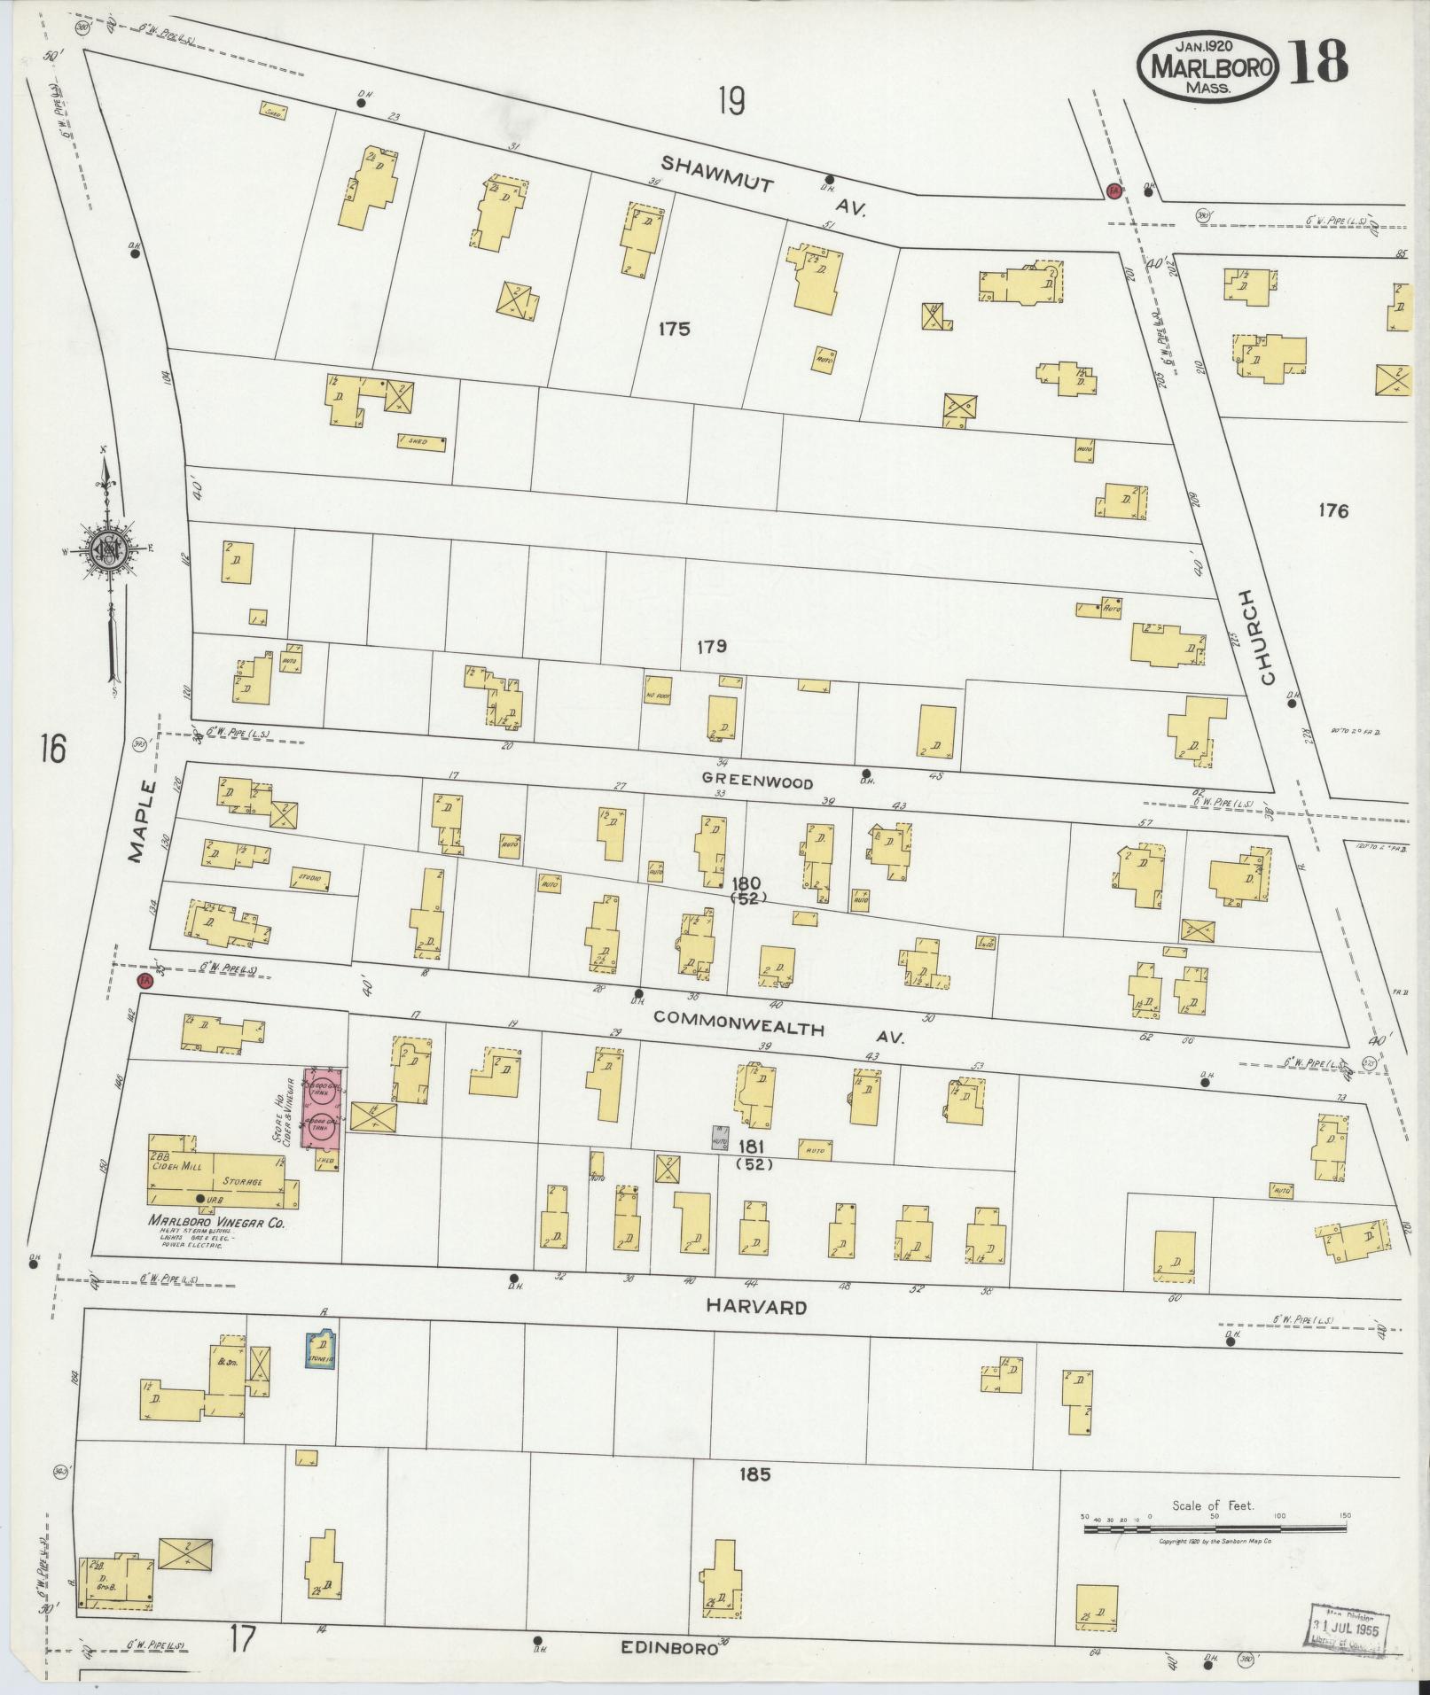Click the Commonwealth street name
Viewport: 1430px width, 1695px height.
click(739, 1025)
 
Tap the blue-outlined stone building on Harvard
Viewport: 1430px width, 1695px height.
click(321, 1350)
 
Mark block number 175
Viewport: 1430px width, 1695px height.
click(674, 330)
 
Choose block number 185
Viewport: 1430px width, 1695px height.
click(753, 1475)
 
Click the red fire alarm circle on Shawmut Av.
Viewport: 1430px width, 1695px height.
click(1114, 190)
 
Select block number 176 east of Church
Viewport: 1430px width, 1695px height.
click(1332, 510)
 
